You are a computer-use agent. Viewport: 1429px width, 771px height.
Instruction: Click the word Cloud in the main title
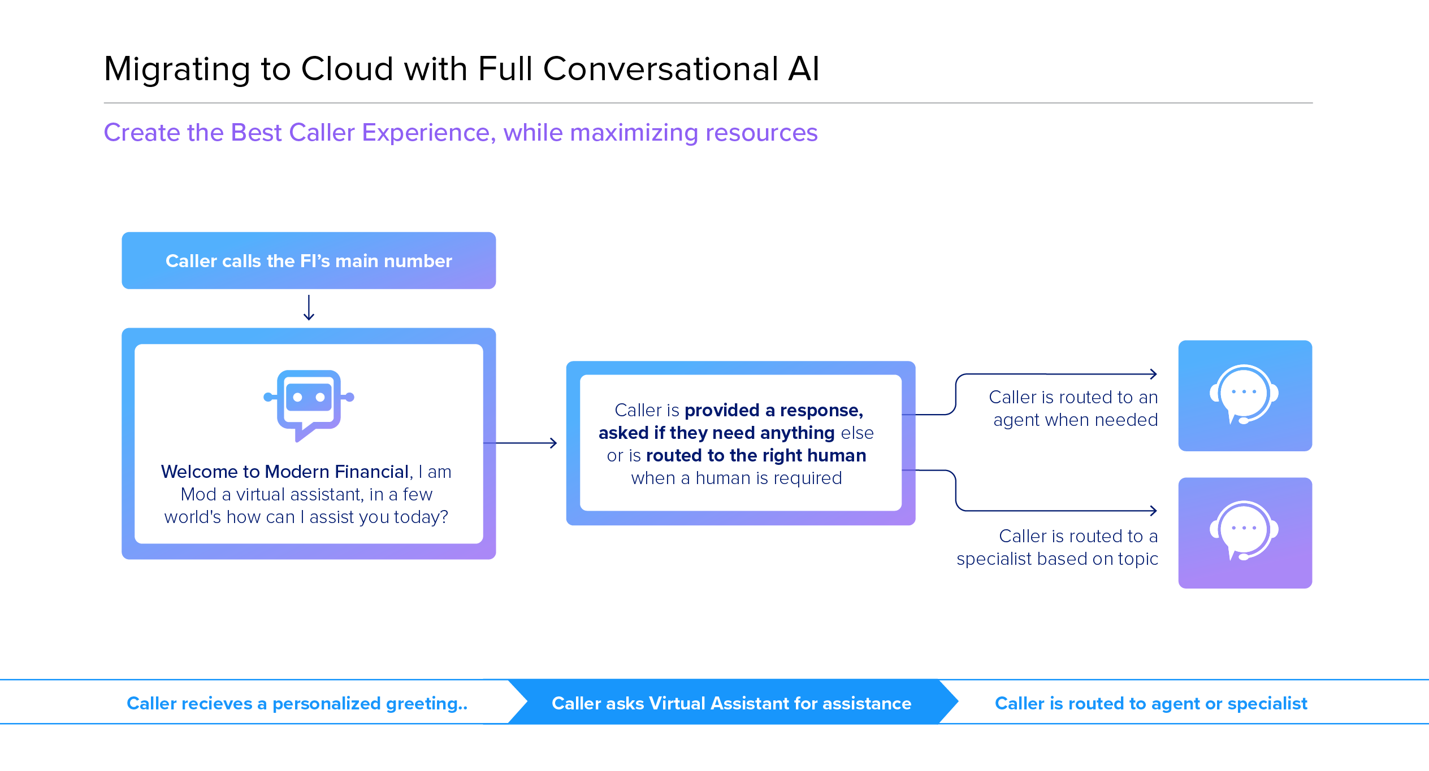point(347,69)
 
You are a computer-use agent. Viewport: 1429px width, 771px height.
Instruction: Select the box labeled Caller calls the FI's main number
point(309,261)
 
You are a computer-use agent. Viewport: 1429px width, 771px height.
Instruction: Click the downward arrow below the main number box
point(309,308)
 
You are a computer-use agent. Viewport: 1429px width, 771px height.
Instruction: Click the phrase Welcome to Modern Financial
point(285,472)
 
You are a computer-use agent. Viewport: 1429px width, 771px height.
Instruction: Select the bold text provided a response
point(774,410)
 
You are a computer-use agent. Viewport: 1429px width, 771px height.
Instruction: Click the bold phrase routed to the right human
point(756,455)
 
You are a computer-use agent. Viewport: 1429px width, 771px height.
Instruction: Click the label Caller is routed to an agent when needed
point(1074,408)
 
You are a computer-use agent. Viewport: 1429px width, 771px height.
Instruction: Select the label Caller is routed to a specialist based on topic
point(1057,547)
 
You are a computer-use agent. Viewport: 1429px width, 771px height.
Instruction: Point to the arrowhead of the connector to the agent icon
point(1153,374)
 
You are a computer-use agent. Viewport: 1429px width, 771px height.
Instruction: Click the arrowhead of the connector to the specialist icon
point(1153,511)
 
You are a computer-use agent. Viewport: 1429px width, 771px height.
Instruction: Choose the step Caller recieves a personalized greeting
point(297,703)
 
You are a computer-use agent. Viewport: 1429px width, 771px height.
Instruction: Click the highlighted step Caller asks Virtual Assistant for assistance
point(731,703)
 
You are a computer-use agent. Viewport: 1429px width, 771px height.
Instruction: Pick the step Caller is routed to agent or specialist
point(1151,703)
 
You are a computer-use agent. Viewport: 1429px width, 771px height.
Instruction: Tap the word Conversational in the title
point(660,69)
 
